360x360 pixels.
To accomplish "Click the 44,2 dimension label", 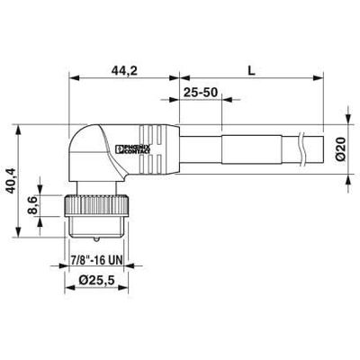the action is click(x=124, y=71).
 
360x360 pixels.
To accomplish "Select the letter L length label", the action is click(x=251, y=71).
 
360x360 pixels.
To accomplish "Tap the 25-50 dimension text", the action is click(x=201, y=93).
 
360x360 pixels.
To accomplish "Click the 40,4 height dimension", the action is click(x=12, y=181).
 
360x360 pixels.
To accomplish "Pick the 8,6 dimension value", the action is click(x=32, y=205).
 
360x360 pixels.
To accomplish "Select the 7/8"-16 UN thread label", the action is click(x=96, y=260).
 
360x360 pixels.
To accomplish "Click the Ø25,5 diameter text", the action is click(x=96, y=280).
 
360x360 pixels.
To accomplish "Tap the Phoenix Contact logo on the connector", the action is click(x=135, y=148).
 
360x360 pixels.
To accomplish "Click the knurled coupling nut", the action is click(x=96, y=204).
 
